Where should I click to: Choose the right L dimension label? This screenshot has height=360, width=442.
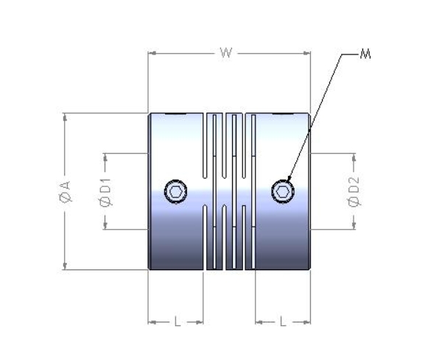(x=284, y=322)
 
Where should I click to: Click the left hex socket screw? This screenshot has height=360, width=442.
(x=175, y=191)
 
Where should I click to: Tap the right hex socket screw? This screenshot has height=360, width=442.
(x=283, y=191)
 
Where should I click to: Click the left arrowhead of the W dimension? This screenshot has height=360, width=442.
(x=152, y=53)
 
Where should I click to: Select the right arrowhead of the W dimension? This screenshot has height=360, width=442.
(x=307, y=53)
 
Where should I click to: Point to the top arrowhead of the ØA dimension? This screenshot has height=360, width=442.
(x=65, y=116)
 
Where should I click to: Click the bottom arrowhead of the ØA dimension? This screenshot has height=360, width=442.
(x=65, y=267)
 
